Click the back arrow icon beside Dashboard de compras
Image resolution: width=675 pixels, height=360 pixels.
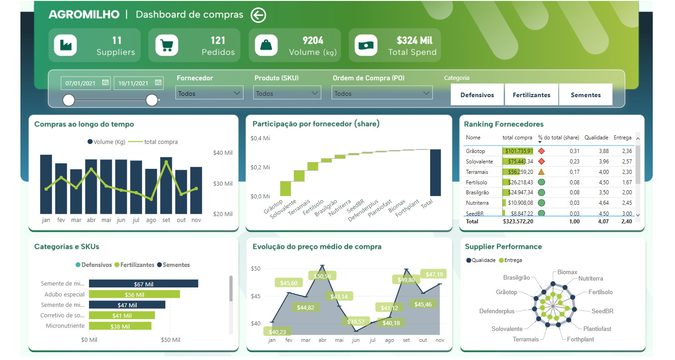coord(258,15)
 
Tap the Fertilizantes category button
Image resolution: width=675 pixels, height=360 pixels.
coord(531,95)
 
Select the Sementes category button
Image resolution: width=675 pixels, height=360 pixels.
coord(586,95)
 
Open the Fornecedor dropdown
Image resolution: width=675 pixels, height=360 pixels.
coord(209,94)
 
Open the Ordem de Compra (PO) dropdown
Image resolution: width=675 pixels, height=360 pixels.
coord(382,94)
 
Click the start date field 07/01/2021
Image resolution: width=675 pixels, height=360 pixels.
coord(85,83)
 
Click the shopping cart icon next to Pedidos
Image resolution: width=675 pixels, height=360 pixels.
coord(166,45)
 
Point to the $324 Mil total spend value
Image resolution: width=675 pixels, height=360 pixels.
coord(414,41)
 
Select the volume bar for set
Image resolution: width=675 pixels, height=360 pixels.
coord(166,185)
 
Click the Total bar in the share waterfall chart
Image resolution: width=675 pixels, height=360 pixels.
coord(435,173)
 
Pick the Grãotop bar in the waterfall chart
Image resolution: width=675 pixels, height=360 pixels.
coord(285,188)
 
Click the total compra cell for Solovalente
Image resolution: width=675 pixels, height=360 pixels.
coord(518,162)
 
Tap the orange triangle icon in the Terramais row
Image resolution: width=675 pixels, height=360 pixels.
coord(541,172)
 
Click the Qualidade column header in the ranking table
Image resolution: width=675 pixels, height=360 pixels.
coord(596,138)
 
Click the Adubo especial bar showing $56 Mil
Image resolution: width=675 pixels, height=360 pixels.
coord(134,294)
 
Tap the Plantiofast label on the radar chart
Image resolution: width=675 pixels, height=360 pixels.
coord(597,329)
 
